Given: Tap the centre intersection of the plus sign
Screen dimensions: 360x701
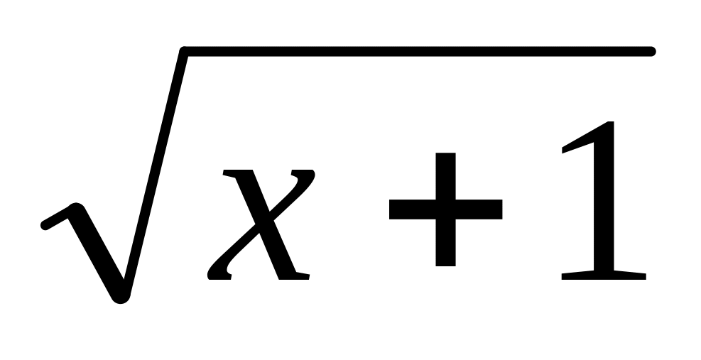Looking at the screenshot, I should pos(445,209).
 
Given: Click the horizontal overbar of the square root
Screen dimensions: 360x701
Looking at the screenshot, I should pos(419,51).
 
